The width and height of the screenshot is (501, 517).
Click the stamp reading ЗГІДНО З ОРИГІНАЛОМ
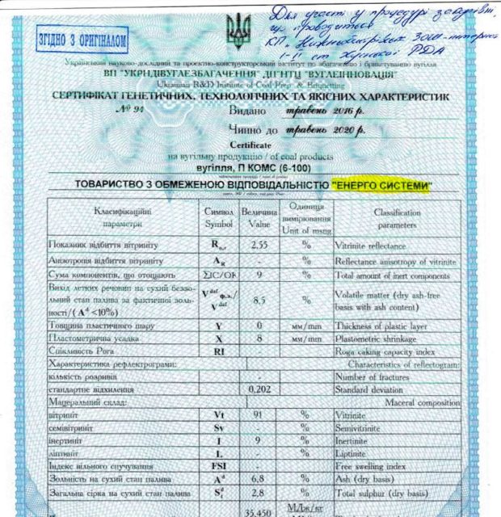pyautogui.click(x=82, y=37)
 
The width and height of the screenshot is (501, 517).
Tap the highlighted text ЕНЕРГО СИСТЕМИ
pyautogui.click(x=381, y=185)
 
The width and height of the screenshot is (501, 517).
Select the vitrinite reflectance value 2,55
pyautogui.click(x=259, y=243)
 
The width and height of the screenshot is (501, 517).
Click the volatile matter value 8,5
pyautogui.click(x=259, y=299)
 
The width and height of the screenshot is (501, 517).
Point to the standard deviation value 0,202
pyautogui.click(x=259, y=389)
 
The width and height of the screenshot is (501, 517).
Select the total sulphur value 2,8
pyautogui.click(x=259, y=492)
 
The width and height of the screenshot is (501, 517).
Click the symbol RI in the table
pyautogui.click(x=219, y=353)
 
